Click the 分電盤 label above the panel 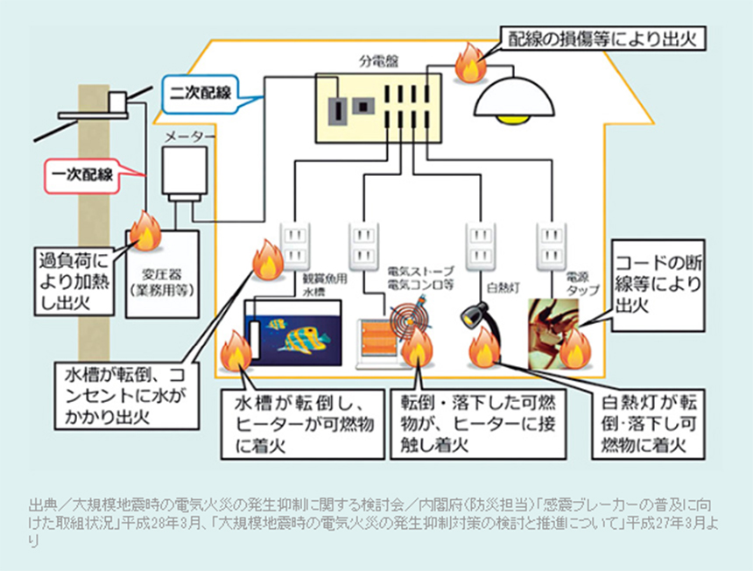[x=376, y=63]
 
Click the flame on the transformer [x=144, y=230]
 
